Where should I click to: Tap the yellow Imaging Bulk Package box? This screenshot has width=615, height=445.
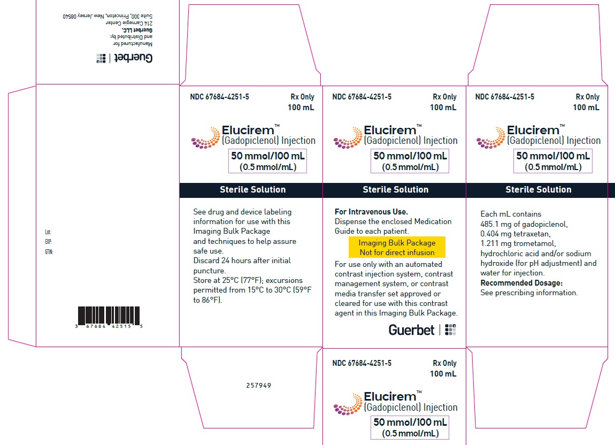pyautogui.click(x=397, y=247)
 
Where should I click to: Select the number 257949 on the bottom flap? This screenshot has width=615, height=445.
pyautogui.click(x=258, y=385)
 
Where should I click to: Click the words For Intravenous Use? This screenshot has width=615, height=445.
pyautogui.click(x=371, y=212)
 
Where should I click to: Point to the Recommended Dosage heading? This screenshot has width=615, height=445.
pyautogui.click(x=521, y=283)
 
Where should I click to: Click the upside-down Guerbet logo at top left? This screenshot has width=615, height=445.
pyautogui.click(x=125, y=58)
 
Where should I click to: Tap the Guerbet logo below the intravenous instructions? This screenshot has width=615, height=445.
pyautogui.click(x=422, y=330)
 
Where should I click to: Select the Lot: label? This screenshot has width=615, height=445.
pyautogui.click(x=48, y=232)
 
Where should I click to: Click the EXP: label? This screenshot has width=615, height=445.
pyautogui.click(x=49, y=242)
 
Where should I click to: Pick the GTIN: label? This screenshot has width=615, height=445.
pyautogui.click(x=49, y=252)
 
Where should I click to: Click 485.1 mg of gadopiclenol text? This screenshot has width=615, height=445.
pyautogui.click(x=524, y=225)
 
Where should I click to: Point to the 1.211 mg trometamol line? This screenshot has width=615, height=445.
pyautogui.click(x=518, y=244)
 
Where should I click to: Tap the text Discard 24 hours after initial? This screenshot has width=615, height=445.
pyautogui.click(x=242, y=260)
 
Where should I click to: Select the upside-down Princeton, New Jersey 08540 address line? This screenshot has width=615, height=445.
pyautogui.click(x=107, y=16)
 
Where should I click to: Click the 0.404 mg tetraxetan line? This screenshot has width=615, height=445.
pyautogui.click(x=516, y=234)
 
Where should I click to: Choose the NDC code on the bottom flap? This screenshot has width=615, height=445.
pyautogui.click(x=362, y=363)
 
